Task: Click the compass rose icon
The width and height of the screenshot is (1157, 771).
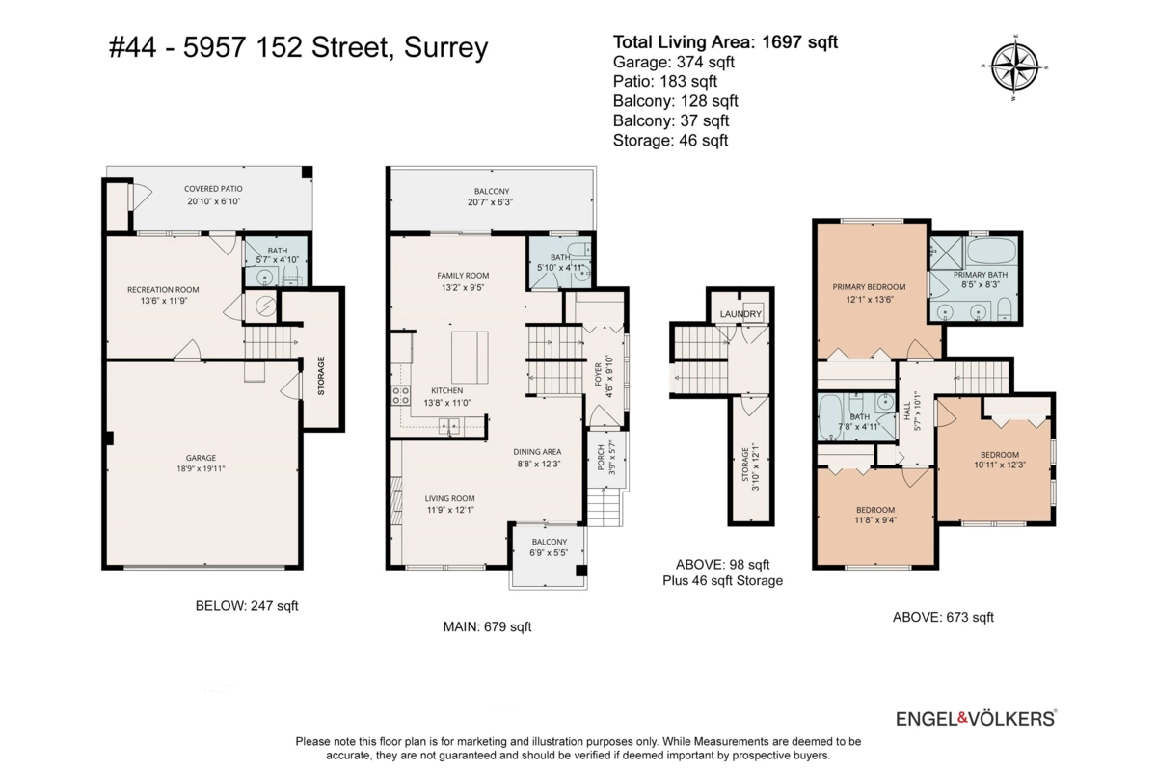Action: (1014, 67)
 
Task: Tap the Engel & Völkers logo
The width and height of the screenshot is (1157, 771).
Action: (976, 718)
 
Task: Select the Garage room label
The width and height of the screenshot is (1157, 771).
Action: (201, 464)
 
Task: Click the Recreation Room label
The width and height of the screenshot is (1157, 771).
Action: (163, 295)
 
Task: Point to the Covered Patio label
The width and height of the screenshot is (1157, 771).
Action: (213, 196)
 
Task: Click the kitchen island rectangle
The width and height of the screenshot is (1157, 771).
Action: (470, 358)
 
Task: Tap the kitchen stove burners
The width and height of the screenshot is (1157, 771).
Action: (401, 395)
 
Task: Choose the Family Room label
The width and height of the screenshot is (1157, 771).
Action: (463, 281)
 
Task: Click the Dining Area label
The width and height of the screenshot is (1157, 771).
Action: (537, 458)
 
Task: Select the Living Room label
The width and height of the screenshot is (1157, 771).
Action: (450, 504)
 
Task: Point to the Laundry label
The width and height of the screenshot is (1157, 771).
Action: (740, 314)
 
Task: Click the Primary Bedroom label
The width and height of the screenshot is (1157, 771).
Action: (869, 293)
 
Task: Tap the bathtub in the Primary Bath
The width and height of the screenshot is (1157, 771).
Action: (991, 252)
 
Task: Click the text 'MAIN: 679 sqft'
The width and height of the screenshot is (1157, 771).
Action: (487, 627)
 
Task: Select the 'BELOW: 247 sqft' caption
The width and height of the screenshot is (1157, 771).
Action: (247, 606)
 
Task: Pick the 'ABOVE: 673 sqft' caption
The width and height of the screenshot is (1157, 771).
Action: (943, 617)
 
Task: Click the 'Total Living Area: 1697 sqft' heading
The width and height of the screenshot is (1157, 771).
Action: (725, 41)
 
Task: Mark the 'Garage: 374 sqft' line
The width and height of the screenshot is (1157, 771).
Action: (674, 62)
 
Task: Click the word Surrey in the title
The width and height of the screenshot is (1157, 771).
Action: (445, 48)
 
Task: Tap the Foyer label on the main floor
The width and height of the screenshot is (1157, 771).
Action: (603, 376)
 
